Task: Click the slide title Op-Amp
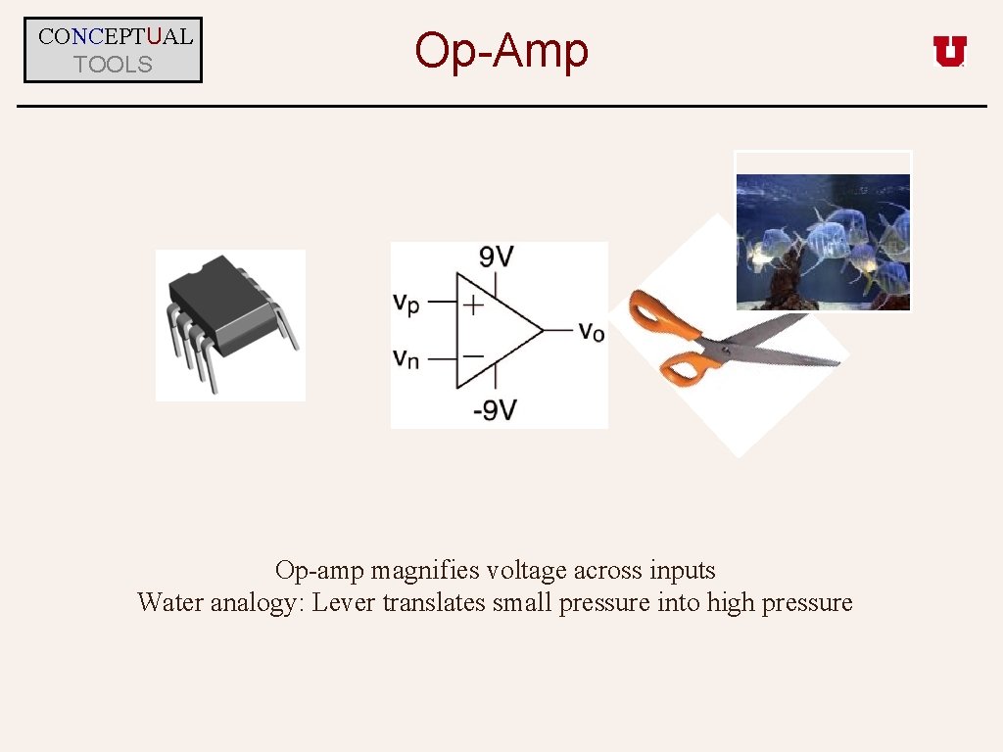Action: point(501,51)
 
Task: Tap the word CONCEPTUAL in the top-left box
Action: point(115,37)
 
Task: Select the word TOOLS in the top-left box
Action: point(114,65)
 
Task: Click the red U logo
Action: point(949,51)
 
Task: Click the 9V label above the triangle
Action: point(496,258)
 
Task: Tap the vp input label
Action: point(406,305)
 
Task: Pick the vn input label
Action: point(406,357)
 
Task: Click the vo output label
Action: point(591,331)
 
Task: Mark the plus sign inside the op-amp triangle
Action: point(473,305)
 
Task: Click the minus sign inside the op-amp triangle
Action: point(472,356)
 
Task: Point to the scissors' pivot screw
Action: point(726,347)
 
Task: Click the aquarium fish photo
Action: point(823,241)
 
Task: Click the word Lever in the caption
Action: point(344,602)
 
